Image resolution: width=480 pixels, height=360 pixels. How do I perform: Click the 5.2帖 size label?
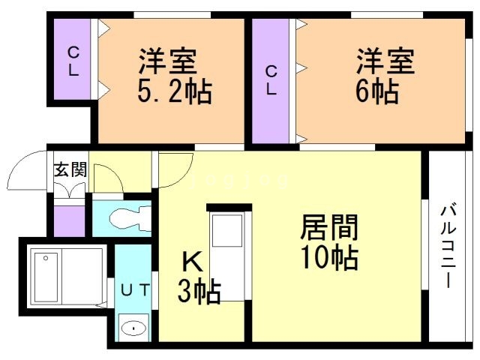[174, 93]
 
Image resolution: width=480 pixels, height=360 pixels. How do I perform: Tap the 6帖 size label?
[376, 93]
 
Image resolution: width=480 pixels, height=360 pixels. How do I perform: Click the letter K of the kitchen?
[192, 262]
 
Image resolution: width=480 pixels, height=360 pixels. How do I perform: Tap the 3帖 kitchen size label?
[199, 290]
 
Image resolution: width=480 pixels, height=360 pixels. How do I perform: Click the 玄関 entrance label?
[70, 169]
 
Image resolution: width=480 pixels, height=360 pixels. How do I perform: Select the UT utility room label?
[136, 287]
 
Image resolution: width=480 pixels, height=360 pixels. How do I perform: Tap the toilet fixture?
[124, 218]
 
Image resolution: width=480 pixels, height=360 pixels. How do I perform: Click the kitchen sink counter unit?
[226, 255]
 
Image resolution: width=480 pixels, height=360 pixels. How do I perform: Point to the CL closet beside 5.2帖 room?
[73, 62]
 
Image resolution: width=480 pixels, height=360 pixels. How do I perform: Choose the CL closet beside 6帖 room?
[271, 79]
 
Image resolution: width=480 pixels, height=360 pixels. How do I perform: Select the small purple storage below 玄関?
[69, 219]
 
